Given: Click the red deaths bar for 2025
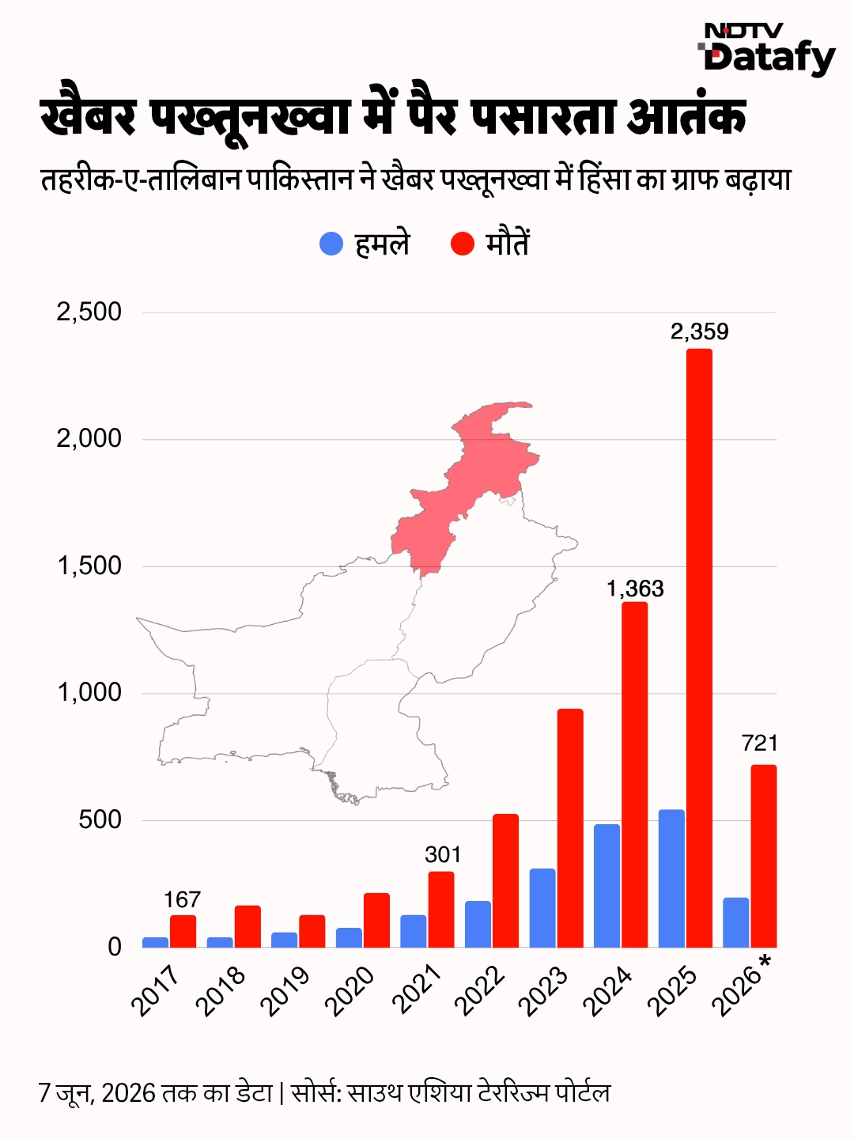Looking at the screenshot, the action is click(700, 648).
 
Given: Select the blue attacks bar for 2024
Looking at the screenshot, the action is click(606, 886).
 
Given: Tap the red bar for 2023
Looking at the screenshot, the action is click(570, 828).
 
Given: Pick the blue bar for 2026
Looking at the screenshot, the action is click(735, 922).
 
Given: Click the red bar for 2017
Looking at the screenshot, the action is click(183, 932).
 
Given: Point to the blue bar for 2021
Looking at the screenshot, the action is click(414, 932).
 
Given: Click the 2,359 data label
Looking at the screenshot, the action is click(700, 331).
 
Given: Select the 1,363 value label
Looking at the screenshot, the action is click(635, 589).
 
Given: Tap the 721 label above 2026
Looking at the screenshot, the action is click(760, 744).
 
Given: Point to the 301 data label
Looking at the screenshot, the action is click(442, 854).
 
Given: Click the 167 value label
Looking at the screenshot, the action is click(183, 900).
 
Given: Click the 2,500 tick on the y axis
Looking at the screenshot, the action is click(89, 312).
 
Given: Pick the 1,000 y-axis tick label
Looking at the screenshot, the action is click(89, 693).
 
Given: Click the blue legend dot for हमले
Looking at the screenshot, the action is click(331, 244).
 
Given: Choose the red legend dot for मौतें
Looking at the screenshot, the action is click(463, 244).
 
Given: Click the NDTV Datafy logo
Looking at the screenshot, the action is click(767, 50).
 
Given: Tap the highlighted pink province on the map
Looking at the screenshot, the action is click(469, 482).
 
